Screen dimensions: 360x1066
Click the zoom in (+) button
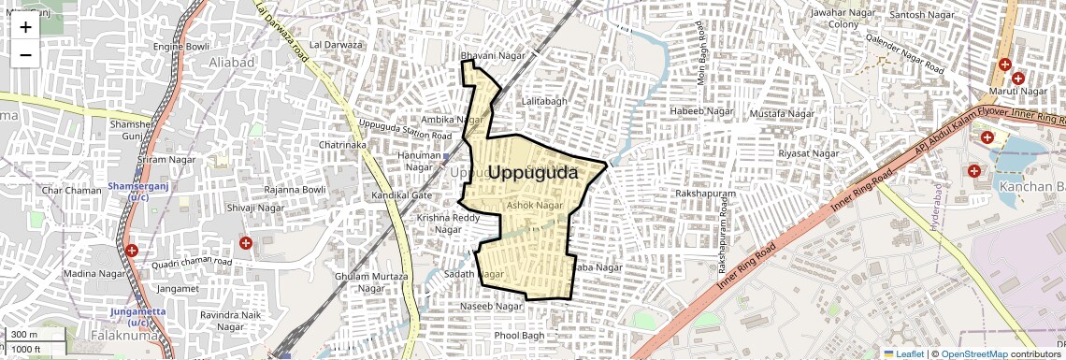click(25, 27)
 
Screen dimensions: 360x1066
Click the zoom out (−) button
click(25, 54)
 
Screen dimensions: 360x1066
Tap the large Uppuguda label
click(532, 173)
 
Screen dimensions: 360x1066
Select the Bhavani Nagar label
click(493, 56)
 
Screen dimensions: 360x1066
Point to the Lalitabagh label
click(543, 101)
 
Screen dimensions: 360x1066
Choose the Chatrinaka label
click(342, 146)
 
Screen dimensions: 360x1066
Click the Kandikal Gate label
click(402, 195)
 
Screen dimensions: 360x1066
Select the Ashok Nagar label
click(534, 205)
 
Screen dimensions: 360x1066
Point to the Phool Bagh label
click(519, 336)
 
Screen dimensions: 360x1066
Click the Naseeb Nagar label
click(492, 307)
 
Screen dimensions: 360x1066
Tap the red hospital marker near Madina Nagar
click(132, 251)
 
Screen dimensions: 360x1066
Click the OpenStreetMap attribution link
click(973, 353)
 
